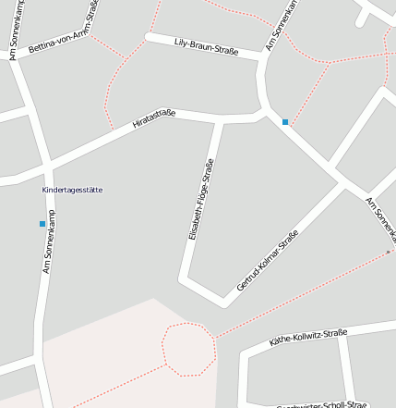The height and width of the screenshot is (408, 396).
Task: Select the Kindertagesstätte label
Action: [x=72, y=190]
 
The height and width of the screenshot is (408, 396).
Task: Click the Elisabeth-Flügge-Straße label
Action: [x=201, y=200]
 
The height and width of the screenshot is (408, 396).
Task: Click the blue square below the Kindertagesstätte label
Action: [x=42, y=224]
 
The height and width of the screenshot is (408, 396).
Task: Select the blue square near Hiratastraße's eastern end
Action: [x=285, y=122]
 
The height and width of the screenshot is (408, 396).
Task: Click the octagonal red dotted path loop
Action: [x=189, y=350]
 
